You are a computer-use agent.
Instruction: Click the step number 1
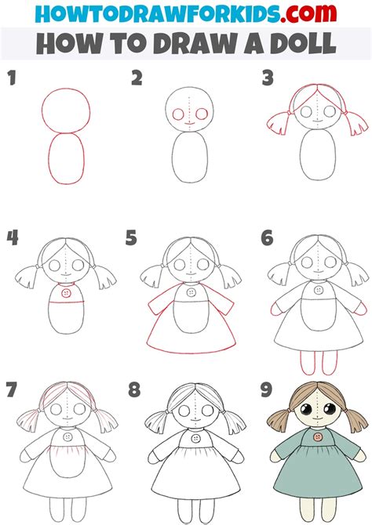point(12,78)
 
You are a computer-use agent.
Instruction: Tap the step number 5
point(131,237)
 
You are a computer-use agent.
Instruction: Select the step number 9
point(266,389)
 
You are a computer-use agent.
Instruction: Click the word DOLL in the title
point(303,43)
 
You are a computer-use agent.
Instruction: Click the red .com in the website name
point(308,13)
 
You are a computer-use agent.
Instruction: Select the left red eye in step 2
point(178,114)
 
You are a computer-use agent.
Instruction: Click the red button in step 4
point(67,293)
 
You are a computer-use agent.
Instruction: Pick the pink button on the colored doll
point(318,437)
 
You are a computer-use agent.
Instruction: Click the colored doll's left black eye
point(306,409)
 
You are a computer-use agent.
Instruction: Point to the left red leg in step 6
point(308,363)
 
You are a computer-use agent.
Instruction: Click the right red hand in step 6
point(361,308)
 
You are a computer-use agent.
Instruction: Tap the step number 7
point(11,389)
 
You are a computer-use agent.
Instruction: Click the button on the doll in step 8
point(195,438)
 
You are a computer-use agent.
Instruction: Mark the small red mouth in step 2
point(189,123)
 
